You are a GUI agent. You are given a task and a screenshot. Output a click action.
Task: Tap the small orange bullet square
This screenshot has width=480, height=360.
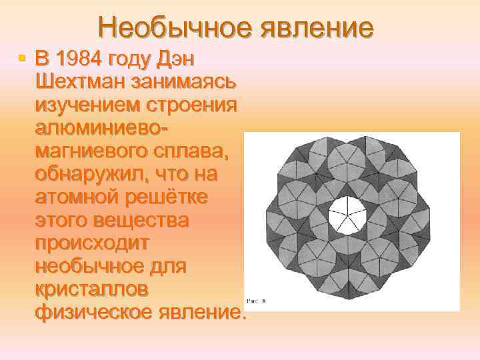click(x=23, y=60)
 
